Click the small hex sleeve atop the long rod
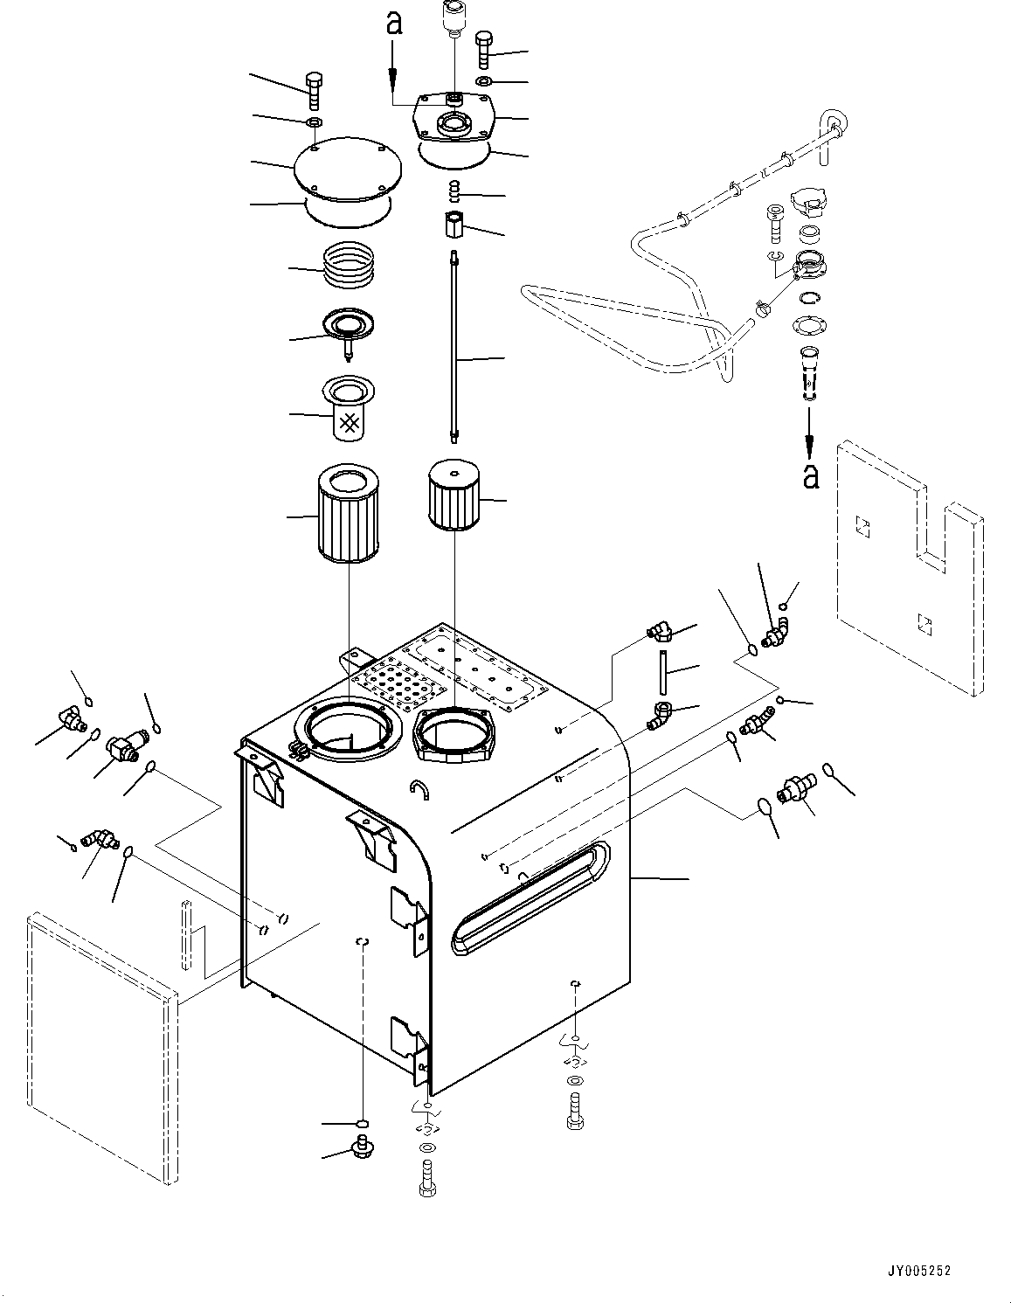pyautogui.click(x=454, y=224)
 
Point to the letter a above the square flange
pyautogui.click(x=394, y=24)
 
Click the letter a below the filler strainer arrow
pyautogui.click(x=812, y=475)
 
